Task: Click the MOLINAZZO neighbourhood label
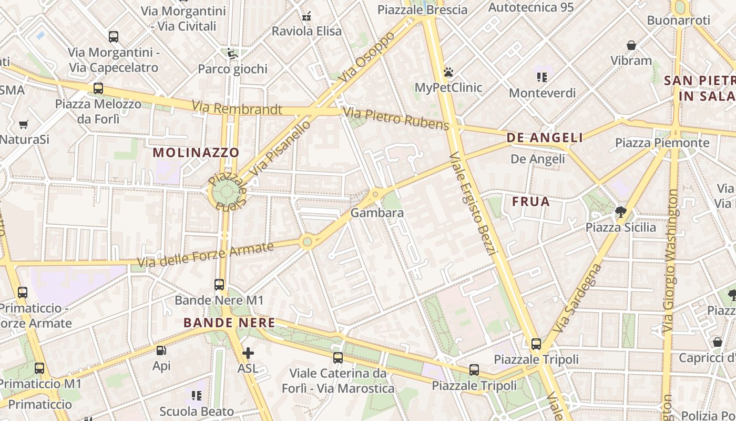click(x=196, y=153)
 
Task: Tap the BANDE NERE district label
click(x=229, y=323)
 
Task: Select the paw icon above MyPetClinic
click(x=448, y=72)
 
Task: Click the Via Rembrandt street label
click(x=237, y=108)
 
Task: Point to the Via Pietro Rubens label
click(x=396, y=118)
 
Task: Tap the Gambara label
click(x=377, y=213)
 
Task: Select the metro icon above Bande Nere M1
click(x=219, y=285)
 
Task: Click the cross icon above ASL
click(x=248, y=353)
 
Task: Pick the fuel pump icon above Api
click(x=161, y=350)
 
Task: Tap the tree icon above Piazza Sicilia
click(x=620, y=212)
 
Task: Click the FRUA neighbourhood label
click(x=531, y=202)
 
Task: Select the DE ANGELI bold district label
click(x=545, y=138)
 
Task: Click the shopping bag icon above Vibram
click(x=631, y=45)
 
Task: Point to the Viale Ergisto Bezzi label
click(x=473, y=204)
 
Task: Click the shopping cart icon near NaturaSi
click(x=23, y=125)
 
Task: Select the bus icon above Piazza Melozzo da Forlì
click(x=98, y=88)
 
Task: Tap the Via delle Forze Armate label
click(x=206, y=255)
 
